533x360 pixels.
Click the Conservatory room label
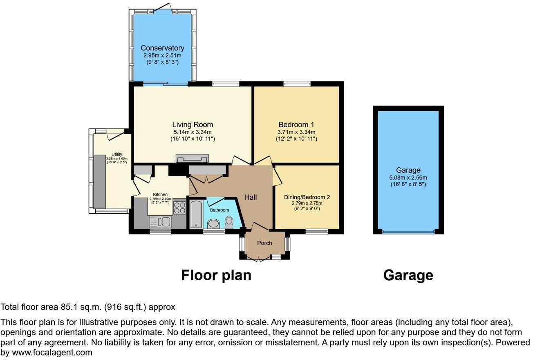coord(162,48)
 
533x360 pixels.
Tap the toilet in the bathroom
coord(229,222)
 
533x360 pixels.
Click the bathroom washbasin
coord(213,224)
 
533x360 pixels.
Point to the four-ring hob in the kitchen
coord(179,208)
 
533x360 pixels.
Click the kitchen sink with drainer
coord(160,222)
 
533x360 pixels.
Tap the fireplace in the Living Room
coord(192,158)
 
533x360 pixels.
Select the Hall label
coord(251,197)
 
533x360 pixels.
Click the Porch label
coord(264,243)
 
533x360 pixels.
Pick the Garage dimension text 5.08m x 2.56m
coord(408,178)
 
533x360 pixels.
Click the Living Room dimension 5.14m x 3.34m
coord(193,132)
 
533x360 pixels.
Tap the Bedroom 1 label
coord(296,125)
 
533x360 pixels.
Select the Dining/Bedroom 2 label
coord(307,197)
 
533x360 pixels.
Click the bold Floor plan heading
coord(216,275)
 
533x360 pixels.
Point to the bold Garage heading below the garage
coord(408,275)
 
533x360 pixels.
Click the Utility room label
coord(117,154)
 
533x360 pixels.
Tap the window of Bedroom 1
coord(297,84)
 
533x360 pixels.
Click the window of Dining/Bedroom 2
coord(316,232)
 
